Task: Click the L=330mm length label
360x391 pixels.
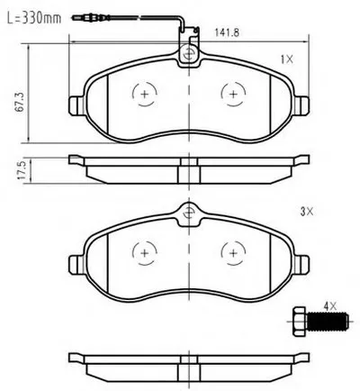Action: [34, 18]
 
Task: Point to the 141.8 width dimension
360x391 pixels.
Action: [227, 32]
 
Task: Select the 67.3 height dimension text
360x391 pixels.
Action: [20, 103]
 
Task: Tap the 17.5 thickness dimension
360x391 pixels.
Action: [22, 170]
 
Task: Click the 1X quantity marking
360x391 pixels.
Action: [286, 59]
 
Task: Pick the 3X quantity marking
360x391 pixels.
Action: [307, 212]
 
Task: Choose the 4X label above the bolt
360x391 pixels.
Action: [330, 306]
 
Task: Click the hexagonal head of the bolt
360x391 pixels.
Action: [300, 322]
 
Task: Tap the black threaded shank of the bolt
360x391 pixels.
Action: [328, 322]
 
